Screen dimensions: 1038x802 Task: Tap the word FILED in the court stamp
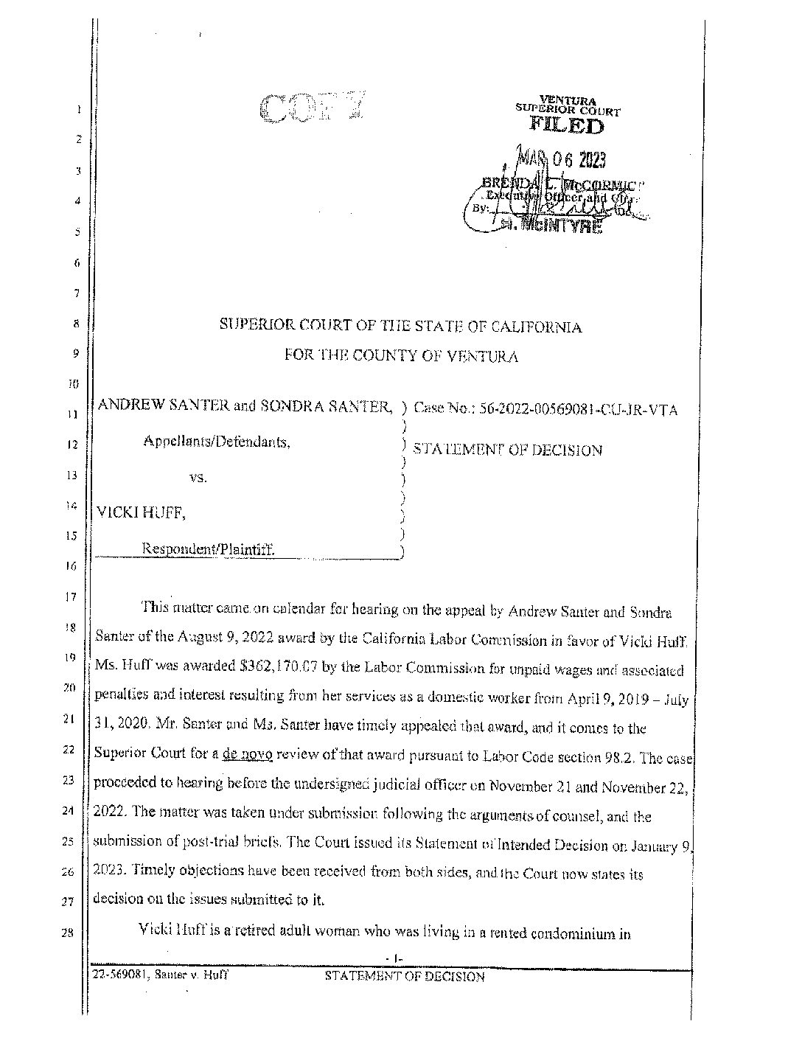(567, 126)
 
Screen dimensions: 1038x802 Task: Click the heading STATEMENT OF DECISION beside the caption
(507, 450)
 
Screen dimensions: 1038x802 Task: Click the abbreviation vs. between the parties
(198, 477)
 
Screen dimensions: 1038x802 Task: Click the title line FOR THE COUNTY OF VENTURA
(401, 357)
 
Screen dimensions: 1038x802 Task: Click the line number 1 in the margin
(77, 111)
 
